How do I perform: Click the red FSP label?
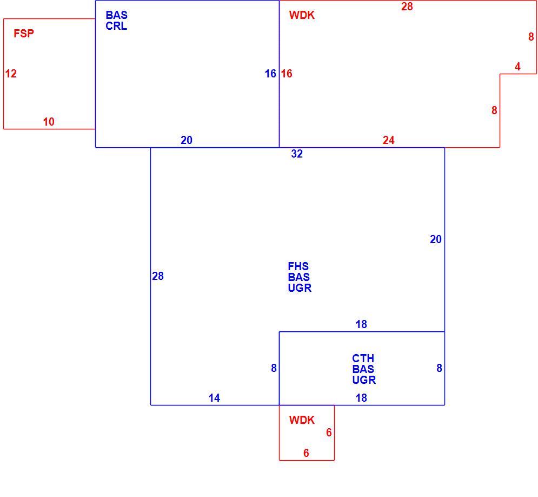click(24, 34)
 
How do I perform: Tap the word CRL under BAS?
click(116, 26)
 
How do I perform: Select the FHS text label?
click(298, 266)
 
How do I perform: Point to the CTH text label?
click(363, 358)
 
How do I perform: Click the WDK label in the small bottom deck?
click(302, 420)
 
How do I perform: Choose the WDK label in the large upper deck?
click(302, 15)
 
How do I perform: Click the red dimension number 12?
click(11, 74)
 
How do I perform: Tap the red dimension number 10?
click(49, 122)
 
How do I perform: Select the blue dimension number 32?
click(297, 154)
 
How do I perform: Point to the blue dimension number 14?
click(215, 398)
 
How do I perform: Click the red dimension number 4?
click(517, 66)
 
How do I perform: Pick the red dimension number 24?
click(389, 140)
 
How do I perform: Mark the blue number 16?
click(270, 74)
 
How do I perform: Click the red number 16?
click(287, 74)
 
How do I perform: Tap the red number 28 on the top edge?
click(407, 6)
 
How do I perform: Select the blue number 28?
click(158, 276)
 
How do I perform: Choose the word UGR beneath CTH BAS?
click(364, 380)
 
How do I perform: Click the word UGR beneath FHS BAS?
click(300, 288)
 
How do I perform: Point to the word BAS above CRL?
click(117, 15)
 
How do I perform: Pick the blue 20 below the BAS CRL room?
click(187, 140)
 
